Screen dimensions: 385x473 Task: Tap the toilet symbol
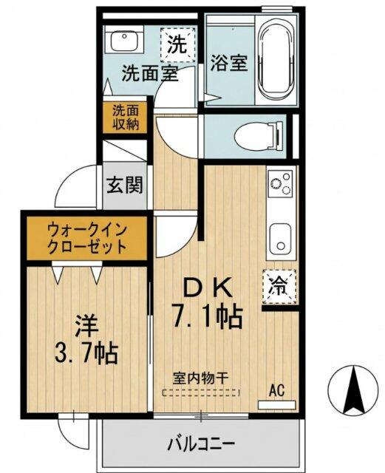[259, 135]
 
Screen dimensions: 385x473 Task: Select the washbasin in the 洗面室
[124, 41]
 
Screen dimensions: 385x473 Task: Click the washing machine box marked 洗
[177, 44]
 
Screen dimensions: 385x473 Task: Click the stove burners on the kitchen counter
[280, 184]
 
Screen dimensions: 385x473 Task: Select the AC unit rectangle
[277, 405]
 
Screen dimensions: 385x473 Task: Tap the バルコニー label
[201, 443]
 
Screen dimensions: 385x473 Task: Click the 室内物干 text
[200, 378]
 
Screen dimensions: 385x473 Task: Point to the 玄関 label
[124, 185]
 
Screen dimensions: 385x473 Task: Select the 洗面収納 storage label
[126, 118]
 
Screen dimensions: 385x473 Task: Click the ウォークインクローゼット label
[86, 239]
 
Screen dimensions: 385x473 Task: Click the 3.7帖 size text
[86, 353]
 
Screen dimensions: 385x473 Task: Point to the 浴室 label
[228, 63]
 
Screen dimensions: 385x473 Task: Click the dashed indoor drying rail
[201, 392]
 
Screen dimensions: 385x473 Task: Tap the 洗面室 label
[150, 73]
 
